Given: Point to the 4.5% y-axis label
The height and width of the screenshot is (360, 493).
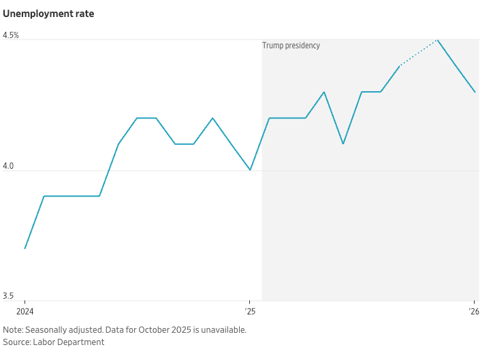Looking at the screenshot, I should (x=11, y=35).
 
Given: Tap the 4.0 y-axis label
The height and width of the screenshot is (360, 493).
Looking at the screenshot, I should (x=9, y=165).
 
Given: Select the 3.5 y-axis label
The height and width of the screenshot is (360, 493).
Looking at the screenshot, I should (x=9, y=296).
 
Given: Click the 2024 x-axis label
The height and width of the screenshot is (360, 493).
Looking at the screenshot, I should (x=25, y=312).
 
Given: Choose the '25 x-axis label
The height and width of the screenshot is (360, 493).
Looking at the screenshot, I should (x=250, y=312).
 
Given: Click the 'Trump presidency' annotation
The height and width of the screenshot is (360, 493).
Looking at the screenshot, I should (x=291, y=46).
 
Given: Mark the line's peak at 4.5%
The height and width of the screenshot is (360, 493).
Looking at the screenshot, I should (x=437, y=39).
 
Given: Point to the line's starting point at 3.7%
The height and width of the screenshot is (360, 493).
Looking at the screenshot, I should (x=25, y=248).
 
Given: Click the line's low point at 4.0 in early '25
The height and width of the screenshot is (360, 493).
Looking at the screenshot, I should (x=250, y=170).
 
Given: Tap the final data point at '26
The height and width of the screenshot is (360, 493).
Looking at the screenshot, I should (x=475, y=92).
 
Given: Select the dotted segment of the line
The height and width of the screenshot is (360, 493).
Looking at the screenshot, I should (x=418, y=52).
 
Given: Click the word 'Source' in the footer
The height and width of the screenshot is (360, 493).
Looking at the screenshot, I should (x=16, y=342).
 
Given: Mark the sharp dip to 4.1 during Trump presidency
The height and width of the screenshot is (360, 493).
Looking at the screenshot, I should (x=343, y=144).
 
